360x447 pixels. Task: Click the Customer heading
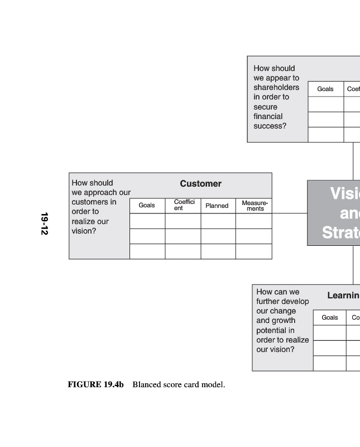click(x=200, y=184)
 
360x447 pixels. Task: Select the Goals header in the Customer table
click(x=147, y=206)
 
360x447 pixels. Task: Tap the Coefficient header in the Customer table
click(x=184, y=205)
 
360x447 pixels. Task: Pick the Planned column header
click(x=217, y=206)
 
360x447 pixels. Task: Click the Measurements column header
click(x=255, y=206)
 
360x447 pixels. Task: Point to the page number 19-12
click(x=44, y=223)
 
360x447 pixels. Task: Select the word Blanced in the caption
click(x=146, y=384)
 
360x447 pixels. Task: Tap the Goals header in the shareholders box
click(x=325, y=89)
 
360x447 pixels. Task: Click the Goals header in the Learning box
click(x=329, y=317)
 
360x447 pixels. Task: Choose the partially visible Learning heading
click(x=343, y=295)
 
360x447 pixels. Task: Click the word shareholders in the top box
click(x=276, y=88)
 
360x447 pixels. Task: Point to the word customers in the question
click(x=87, y=202)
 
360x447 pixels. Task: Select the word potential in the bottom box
click(x=271, y=330)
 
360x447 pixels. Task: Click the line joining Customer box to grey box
click(x=289, y=213)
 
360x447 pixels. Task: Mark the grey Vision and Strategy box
click(x=334, y=212)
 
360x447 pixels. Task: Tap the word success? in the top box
click(x=270, y=126)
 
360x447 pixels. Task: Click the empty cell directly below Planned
click(x=218, y=221)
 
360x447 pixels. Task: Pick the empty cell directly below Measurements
click(x=254, y=221)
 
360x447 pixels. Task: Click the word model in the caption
click(x=214, y=384)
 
